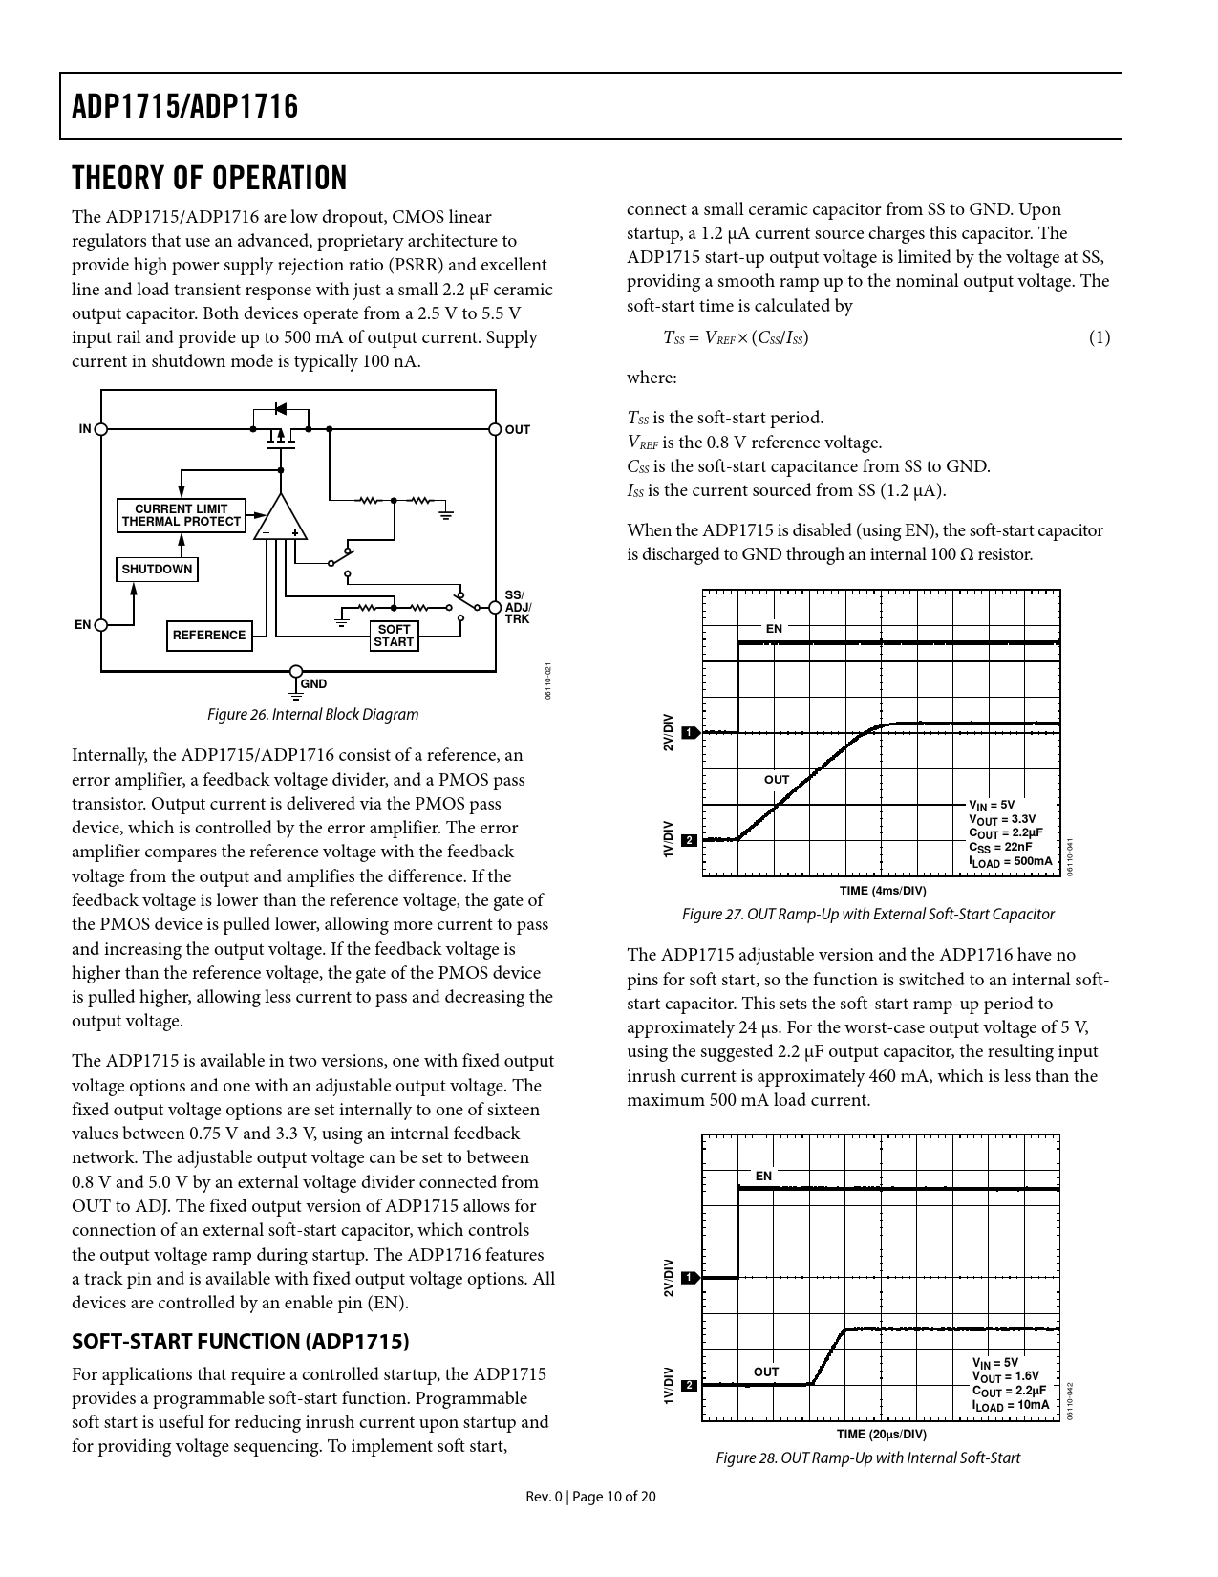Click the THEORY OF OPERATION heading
(209, 178)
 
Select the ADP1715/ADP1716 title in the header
(185, 106)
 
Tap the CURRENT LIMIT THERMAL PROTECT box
(182, 515)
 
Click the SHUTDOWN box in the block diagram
(157, 570)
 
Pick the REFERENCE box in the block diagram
(209, 636)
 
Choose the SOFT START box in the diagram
(394, 636)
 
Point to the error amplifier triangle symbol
(281, 522)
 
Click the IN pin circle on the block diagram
(101, 429)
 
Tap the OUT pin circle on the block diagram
(495, 429)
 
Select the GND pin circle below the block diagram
(296, 672)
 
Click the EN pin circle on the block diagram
(101, 625)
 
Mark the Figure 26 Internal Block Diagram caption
(313, 714)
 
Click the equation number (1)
(1100, 337)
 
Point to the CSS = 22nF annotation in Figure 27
(1000, 847)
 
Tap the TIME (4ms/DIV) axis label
(881, 891)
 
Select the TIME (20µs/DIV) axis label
(881, 1435)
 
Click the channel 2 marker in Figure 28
(689, 1385)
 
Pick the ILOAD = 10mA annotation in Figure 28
(1010, 1405)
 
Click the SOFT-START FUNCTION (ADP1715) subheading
(241, 1341)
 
